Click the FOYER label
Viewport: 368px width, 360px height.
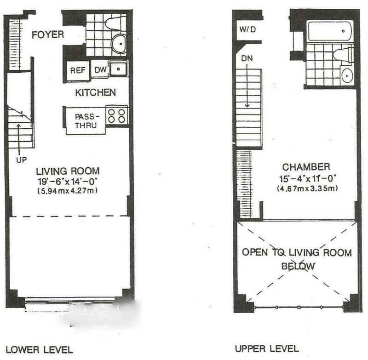click(48, 34)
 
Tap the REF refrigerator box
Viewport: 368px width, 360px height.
click(78, 71)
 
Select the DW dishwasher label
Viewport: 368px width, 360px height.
click(100, 69)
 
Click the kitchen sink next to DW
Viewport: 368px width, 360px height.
click(119, 69)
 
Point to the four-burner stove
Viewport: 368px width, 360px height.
click(117, 116)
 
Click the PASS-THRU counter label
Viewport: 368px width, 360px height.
click(86, 121)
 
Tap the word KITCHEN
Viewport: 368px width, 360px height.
click(96, 92)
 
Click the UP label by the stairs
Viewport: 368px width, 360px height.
click(21, 160)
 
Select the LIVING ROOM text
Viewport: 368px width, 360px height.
click(68, 171)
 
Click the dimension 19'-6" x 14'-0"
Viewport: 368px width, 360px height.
click(68, 181)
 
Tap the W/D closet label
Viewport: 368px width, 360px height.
click(247, 29)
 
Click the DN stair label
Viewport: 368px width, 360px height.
click(247, 58)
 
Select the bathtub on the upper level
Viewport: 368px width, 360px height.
click(330, 31)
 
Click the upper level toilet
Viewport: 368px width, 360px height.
click(343, 56)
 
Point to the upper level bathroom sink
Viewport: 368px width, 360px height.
click(347, 75)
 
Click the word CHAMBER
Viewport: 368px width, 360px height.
click(306, 167)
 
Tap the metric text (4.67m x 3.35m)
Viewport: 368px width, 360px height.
click(307, 189)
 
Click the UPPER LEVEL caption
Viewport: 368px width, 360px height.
click(267, 349)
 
